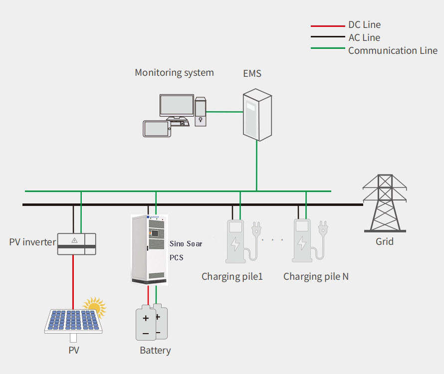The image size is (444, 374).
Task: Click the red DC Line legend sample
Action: pos(328,25)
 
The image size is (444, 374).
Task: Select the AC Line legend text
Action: pos(364,37)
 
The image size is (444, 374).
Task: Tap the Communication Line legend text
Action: pos(393,50)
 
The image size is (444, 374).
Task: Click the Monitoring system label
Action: pos(174,72)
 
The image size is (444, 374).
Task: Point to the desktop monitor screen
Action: pos(177,105)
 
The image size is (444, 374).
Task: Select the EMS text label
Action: pos(252,74)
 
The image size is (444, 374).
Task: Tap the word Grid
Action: pos(384,241)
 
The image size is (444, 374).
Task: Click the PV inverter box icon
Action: pos(76,243)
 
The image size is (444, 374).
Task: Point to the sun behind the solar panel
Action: pos(95,307)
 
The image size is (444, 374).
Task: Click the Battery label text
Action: pos(155,351)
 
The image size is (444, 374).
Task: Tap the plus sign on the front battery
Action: pos(146,318)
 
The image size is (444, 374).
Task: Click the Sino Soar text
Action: pos(186,244)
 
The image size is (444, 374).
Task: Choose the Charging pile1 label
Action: pos(232,276)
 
